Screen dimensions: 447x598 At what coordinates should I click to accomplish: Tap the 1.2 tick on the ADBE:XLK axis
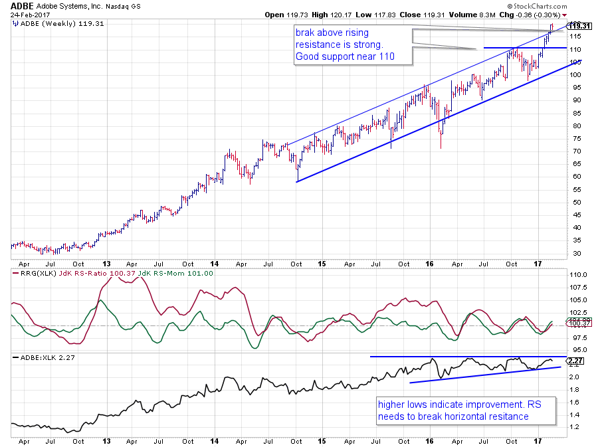(x=575, y=426)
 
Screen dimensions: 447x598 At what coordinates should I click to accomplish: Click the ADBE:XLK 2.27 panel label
(x=41, y=359)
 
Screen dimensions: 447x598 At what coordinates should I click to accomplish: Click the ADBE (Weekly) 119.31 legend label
(x=50, y=24)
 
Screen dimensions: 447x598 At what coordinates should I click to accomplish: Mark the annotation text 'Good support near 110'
(x=345, y=56)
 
